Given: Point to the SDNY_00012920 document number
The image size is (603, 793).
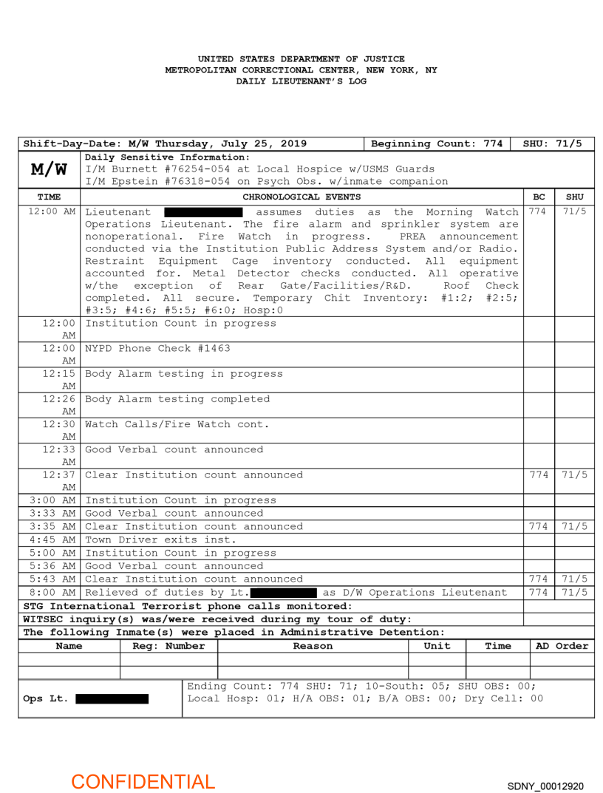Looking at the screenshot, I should (545, 786).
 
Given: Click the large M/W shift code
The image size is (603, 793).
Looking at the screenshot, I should (50, 170).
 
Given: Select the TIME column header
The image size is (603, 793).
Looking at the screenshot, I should (50, 197).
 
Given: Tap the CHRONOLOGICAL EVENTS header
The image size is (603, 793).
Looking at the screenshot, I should (301, 197).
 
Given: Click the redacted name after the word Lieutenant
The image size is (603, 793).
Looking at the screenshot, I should (202, 212).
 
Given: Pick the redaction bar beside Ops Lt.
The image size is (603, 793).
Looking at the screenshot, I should (112, 699).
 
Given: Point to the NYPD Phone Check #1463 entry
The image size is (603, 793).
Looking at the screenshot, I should (157, 348).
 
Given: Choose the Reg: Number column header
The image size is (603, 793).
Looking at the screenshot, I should (168, 646).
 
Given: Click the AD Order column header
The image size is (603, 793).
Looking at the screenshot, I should (562, 646).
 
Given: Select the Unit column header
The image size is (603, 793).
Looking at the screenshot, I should (437, 646).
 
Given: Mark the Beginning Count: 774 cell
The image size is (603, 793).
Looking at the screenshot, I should (437, 143).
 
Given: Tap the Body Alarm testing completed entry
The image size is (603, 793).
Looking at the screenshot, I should (177, 399).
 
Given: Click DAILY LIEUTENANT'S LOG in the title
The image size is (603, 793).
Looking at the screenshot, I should (301, 81).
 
